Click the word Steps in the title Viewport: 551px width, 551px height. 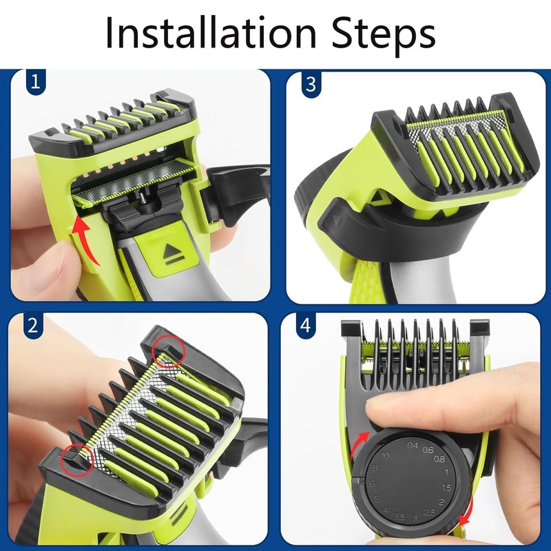(x=384, y=36)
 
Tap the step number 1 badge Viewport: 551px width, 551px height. (x=36, y=82)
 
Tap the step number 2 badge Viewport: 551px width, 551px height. (x=32, y=325)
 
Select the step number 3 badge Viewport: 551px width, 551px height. (x=311, y=85)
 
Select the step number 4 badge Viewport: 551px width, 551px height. (x=305, y=325)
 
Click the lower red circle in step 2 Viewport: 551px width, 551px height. (x=77, y=459)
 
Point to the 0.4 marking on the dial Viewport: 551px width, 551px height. (x=413, y=445)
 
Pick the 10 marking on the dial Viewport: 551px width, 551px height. (x=384, y=455)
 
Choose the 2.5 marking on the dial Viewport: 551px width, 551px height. (x=429, y=512)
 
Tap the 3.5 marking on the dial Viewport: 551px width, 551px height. (x=399, y=517)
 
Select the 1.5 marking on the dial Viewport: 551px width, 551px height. (x=446, y=488)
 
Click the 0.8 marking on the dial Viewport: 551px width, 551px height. (x=439, y=459)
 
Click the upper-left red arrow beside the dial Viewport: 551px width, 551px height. (x=358, y=444)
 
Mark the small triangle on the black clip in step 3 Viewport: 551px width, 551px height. (x=337, y=220)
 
